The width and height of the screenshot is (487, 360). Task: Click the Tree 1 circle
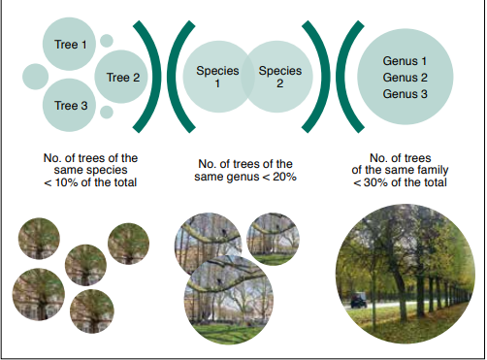coord(70,43)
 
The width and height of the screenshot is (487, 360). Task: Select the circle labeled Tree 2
coord(122,77)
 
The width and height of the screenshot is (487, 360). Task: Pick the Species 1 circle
coord(215,77)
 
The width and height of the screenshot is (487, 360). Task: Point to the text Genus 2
coord(406,77)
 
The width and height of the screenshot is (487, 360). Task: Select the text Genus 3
coord(406,93)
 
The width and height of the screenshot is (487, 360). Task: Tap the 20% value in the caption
coord(281,176)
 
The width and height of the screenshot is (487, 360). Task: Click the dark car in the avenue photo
coord(359,301)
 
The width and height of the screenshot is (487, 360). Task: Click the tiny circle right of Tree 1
coord(106,41)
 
